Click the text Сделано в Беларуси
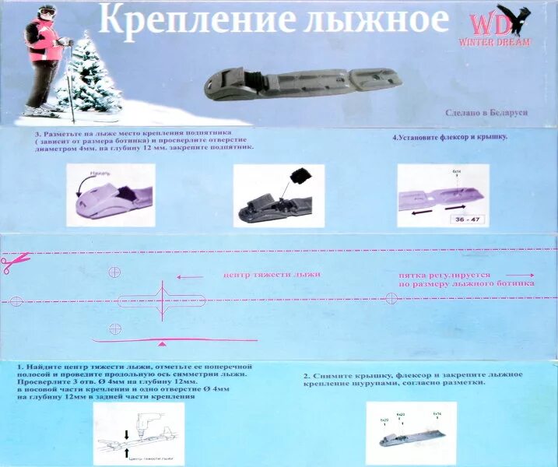[x=486, y=113]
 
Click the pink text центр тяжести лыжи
[x=272, y=275]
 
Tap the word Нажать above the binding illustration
[x=100, y=172]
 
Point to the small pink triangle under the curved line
[x=161, y=343]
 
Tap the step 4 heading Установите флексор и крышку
[x=450, y=137]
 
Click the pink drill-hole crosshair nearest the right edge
[x=390, y=299]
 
